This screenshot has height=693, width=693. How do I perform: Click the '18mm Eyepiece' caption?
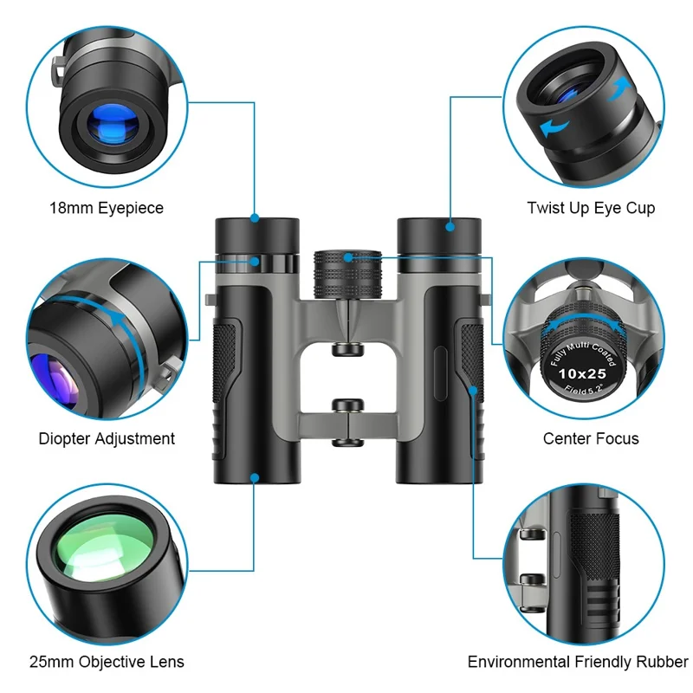click(107, 208)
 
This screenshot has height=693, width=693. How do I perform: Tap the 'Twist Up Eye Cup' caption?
click(591, 208)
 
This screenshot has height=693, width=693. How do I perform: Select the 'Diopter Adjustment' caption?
click(107, 438)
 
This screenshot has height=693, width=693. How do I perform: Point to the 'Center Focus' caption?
click(591, 438)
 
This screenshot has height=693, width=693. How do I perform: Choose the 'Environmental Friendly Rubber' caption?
click(577, 662)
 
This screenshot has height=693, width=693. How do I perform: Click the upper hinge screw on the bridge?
click(347, 348)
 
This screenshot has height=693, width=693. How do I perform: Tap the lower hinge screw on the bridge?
click(347, 406)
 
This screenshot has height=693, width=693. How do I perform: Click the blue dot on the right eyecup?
click(451, 227)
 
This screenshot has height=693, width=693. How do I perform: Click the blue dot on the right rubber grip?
click(473, 391)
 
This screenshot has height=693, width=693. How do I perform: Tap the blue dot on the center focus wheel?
click(347, 256)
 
